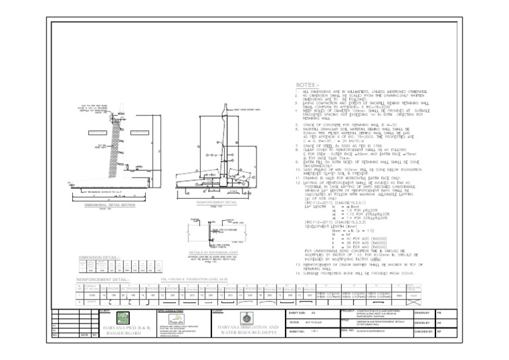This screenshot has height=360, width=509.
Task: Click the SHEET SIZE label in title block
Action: [298, 313]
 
